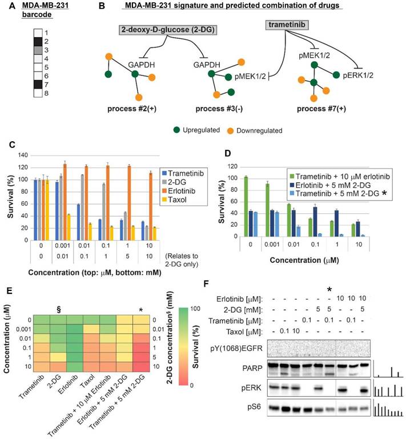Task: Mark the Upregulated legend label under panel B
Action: [198, 130]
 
